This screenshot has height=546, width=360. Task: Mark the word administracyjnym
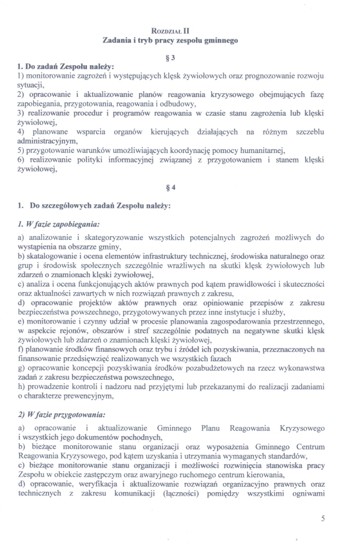[x=47, y=141]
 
